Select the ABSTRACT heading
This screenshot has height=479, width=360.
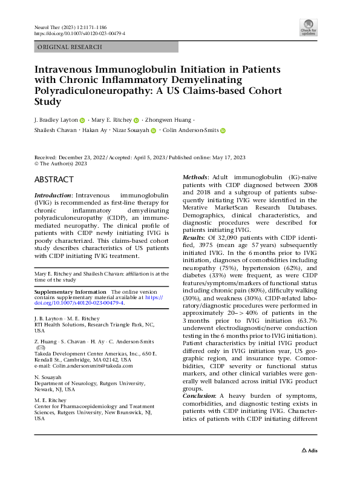tap(54, 179)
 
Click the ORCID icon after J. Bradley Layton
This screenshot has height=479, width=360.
tap(82, 120)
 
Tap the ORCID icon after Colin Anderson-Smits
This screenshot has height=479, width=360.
tap(223, 130)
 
